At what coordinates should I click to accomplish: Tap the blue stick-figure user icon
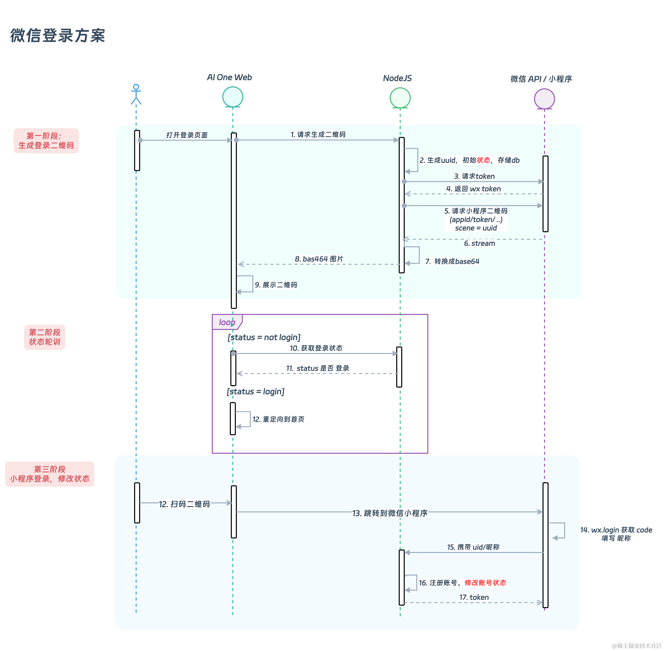[136, 94]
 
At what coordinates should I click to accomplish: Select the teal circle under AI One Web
[232, 97]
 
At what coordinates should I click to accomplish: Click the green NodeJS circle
[400, 98]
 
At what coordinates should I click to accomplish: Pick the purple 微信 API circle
[544, 99]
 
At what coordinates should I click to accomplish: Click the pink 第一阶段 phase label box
[46, 141]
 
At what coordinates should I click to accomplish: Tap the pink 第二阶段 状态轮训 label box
[44, 337]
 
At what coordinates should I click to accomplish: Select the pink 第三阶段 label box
[49, 474]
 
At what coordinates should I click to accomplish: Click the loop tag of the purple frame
[227, 322]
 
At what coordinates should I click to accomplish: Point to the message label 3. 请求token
[474, 176]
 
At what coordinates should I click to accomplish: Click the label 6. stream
[480, 243]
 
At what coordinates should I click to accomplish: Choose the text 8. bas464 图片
[319, 259]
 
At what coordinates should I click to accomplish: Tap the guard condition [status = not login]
[264, 337]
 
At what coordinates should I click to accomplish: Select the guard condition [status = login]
[255, 392]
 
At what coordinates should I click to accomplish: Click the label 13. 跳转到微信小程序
[390, 513]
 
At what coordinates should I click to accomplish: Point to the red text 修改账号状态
[485, 583]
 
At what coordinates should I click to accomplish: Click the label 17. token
[474, 597]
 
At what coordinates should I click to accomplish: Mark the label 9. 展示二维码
[276, 285]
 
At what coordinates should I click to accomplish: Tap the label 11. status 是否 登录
[318, 368]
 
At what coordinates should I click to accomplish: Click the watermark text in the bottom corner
[637, 646]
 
